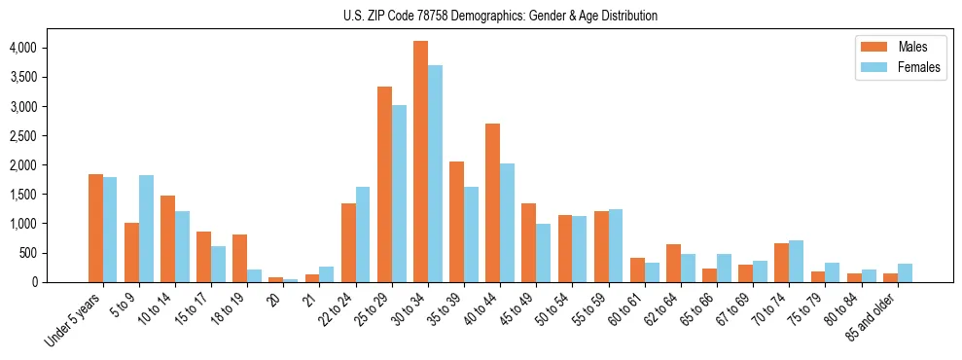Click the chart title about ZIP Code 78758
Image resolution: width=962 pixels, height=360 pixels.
point(500,16)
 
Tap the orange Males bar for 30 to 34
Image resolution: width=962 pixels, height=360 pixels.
point(420,162)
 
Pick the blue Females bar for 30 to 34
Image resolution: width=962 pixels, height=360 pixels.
point(435,173)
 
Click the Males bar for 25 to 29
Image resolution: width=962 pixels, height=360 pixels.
point(384,185)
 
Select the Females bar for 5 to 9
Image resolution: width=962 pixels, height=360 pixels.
point(146,229)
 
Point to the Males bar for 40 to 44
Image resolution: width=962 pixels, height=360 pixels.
point(492,202)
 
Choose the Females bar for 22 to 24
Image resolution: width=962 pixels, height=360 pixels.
point(363,234)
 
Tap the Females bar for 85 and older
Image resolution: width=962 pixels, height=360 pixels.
point(905,272)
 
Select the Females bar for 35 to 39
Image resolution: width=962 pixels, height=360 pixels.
point(471,234)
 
